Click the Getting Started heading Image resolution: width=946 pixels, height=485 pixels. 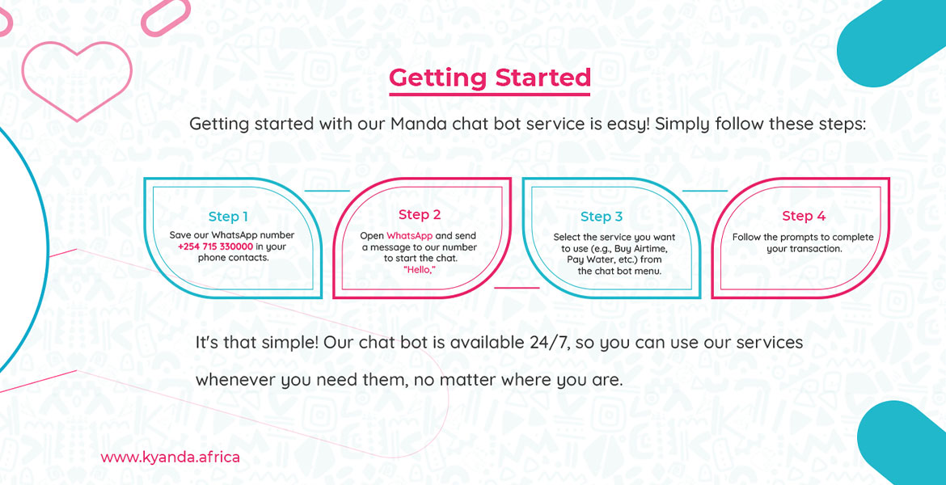point(489,78)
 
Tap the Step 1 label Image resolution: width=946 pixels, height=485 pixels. point(228,217)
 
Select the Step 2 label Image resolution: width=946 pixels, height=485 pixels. point(420,215)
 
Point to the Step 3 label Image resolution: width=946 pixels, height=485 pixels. point(601,217)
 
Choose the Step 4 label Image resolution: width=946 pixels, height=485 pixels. point(804,216)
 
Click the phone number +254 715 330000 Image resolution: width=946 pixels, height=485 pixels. point(215,247)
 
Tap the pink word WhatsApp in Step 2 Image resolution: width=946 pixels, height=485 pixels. point(410,236)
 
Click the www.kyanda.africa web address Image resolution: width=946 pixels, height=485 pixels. point(170,458)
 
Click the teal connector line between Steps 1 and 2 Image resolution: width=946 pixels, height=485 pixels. point(327,191)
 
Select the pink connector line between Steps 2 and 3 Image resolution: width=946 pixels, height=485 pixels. point(517,288)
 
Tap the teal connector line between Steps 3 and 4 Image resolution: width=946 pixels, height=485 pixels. point(705,191)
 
